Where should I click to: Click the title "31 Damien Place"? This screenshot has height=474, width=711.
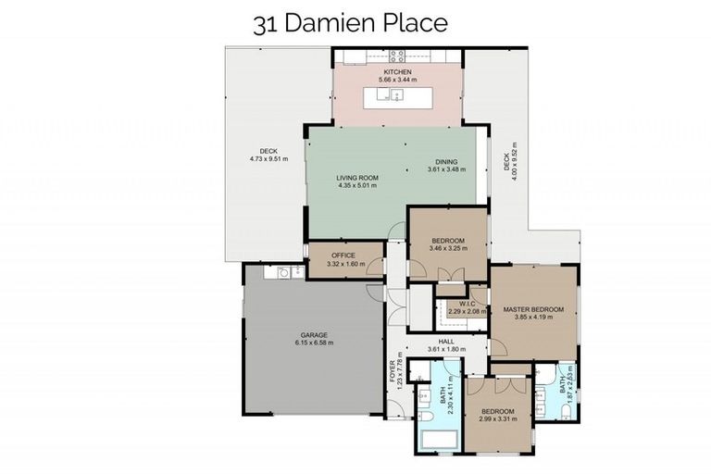coord(351,23)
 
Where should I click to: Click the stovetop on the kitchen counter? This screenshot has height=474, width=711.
coord(397,58)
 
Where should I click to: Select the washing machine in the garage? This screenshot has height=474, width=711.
coord(283,272)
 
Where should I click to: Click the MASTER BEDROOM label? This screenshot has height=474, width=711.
coord(533,308)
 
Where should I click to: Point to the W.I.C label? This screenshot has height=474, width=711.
coord(467,303)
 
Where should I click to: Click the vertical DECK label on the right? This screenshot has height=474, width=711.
coord(507,162)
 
